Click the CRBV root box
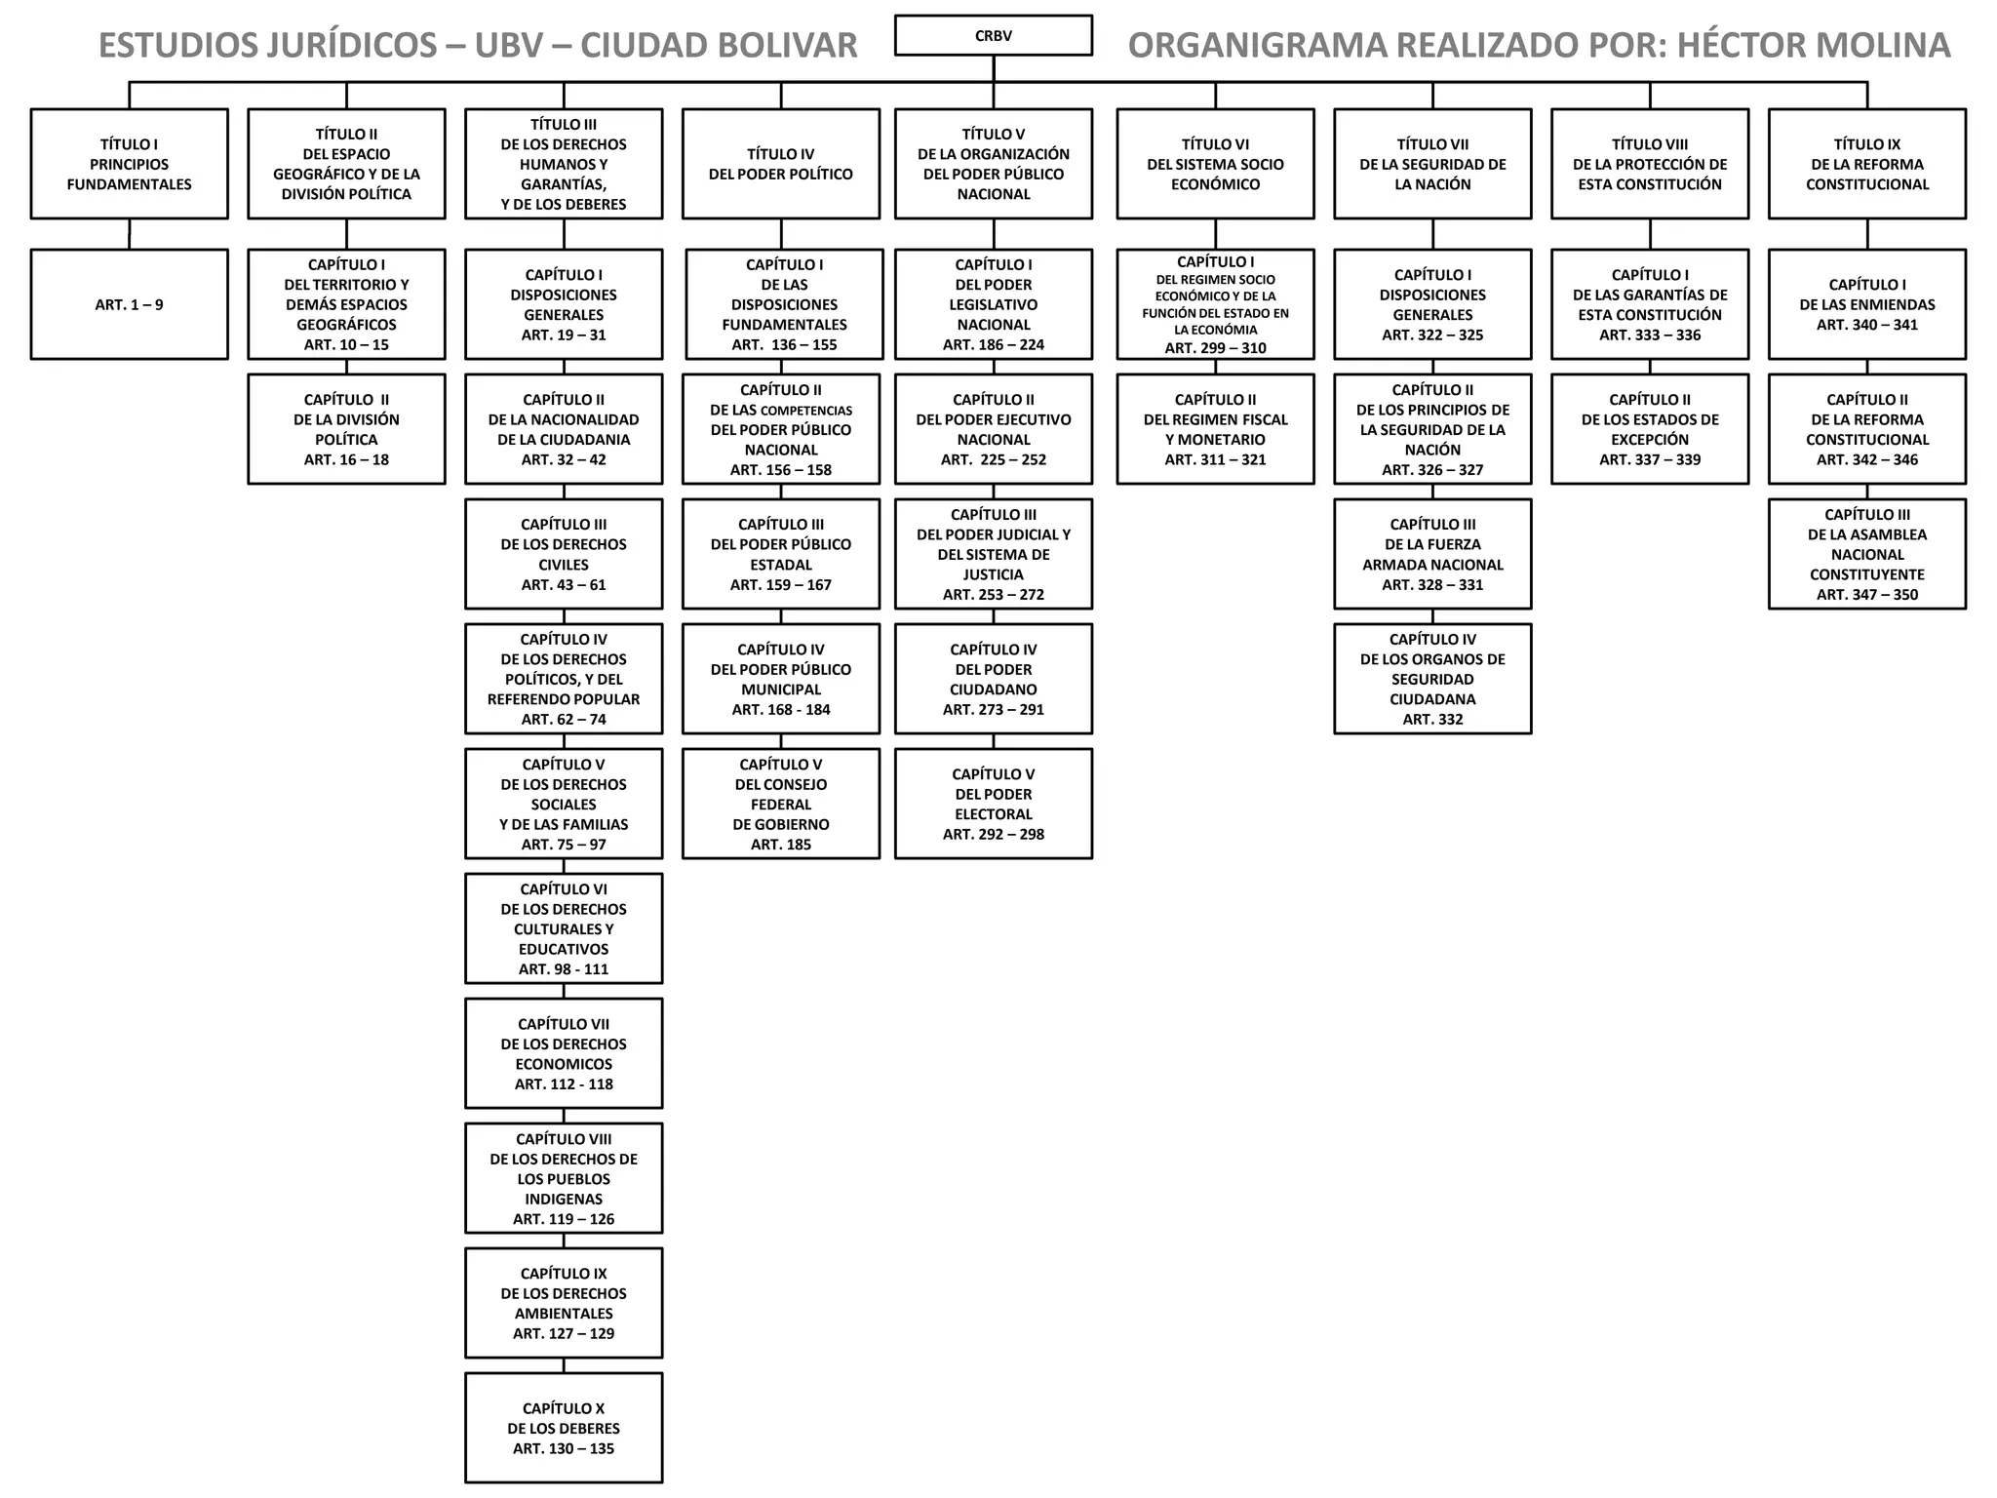tap(993, 35)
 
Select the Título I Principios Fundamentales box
tap(130, 164)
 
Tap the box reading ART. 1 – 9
tap(130, 304)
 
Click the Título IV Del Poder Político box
tap(780, 164)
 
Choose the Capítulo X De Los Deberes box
tap(564, 1428)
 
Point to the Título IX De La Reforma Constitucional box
tap(1866, 164)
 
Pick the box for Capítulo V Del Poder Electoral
tap(993, 804)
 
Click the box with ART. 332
tap(1432, 679)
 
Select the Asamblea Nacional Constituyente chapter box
tap(1866, 554)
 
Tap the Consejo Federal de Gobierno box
tap(780, 804)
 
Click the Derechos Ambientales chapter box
tap(564, 1303)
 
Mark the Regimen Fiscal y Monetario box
tap(1215, 429)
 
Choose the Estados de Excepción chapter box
tap(1650, 429)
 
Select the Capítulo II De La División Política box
tap(346, 429)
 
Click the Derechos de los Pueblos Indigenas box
tap(564, 1178)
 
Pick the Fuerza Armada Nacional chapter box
tap(1432, 554)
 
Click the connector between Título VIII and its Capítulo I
tap(1650, 234)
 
